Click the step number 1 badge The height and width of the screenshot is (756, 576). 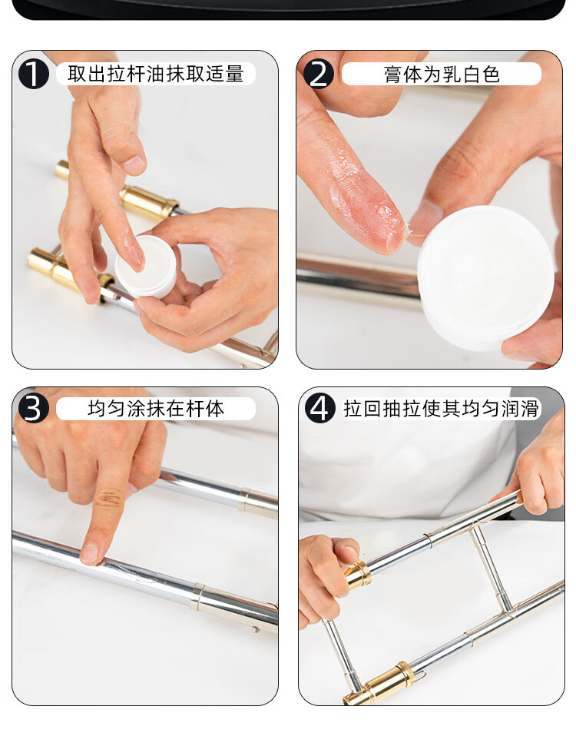click(33, 75)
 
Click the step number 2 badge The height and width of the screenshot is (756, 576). click(319, 75)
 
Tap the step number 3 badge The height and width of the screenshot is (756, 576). click(33, 409)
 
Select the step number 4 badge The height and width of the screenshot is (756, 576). click(319, 409)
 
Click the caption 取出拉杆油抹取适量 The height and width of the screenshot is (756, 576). click(156, 75)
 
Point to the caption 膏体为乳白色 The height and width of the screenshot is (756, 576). click(442, 75)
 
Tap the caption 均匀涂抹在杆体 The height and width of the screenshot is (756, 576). click(156, 409)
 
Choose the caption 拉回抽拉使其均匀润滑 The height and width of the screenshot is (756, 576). click(441, 409)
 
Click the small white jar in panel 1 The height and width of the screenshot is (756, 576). click(146, 267)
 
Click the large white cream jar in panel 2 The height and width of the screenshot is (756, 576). click(485, 278)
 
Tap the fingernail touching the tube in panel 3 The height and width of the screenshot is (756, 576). click(88, 554)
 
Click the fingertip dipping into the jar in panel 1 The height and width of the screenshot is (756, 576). click(134, 253)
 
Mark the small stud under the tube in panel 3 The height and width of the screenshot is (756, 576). click(256, 629)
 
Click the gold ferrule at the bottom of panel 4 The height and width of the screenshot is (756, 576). click(381, 684)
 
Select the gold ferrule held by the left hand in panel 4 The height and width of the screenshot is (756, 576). click(359, 575)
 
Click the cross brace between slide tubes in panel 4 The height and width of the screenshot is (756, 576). click(492, 569)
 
